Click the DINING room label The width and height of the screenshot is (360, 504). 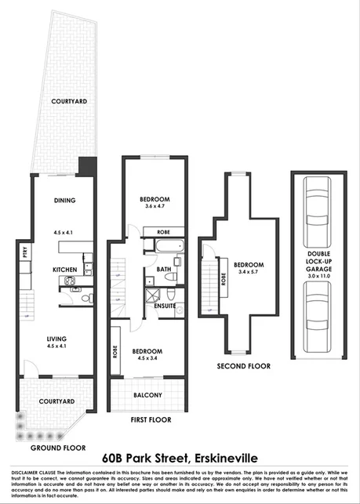tap(65, 201)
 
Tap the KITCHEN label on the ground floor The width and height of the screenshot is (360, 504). tap(64, 270)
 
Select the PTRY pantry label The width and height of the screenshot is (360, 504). tap(25, 254)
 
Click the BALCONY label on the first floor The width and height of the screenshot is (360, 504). tap(147, 395)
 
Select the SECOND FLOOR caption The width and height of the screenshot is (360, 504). tap(244, 366)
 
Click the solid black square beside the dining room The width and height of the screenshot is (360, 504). tap(87, 167)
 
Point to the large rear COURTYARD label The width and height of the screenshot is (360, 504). tap(69, 102)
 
